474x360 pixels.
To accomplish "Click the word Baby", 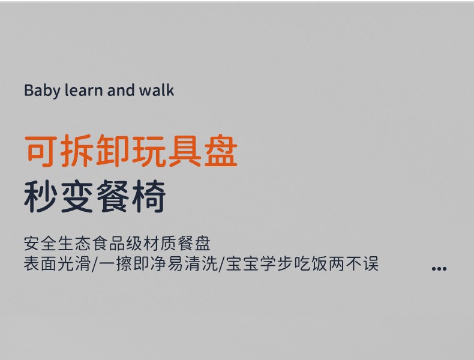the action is click(42, 91).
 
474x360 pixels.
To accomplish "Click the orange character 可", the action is click(41, 151).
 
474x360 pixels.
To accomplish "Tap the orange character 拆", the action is click(77, 151).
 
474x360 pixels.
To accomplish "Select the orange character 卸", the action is click(112, 151).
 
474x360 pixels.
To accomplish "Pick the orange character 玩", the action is click(148, 151).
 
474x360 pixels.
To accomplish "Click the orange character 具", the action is click(184, 151).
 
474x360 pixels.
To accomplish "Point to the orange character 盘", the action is click(221, 151).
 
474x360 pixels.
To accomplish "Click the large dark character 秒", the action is click(41, 197).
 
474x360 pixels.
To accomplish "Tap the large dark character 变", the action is click(77, 197).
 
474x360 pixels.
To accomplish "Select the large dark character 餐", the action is click(113, 197).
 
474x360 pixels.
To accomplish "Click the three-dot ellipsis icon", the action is click(439, 268).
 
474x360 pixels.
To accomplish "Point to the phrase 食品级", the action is click(117, 244).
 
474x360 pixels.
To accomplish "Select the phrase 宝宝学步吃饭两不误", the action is click(302, 263).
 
